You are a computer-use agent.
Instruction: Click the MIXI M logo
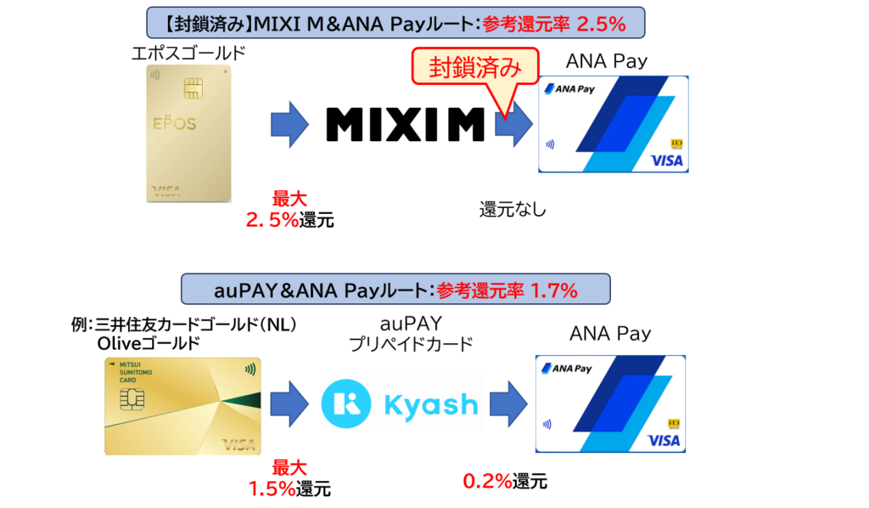tap(405, 124)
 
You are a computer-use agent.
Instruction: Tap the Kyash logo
tap(400, 404)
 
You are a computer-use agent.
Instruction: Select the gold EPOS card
tap(188, 133)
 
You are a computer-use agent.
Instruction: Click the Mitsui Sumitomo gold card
tap(183, 407)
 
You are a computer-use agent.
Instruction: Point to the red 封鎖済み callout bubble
tap(475, 68)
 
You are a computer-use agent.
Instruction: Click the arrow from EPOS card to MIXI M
tap(289, 124)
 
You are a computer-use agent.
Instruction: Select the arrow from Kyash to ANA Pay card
tap(509, 404)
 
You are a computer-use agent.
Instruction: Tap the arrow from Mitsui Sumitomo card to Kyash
tap(289, 404)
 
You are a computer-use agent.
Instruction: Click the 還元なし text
tap(513, 210)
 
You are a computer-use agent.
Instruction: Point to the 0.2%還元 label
tap(505, 481)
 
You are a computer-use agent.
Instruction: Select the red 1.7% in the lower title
tap(553, 290)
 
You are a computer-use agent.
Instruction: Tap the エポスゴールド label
tap(188, 54)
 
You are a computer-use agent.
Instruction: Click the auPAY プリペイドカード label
tap(411, 334)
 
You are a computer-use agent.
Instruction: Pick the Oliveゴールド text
tap(149, 344)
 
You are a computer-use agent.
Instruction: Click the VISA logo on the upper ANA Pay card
tap(667, 161)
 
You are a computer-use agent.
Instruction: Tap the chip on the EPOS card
tap(193, 88)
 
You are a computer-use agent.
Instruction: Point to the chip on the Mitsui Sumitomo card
tap(132, 398)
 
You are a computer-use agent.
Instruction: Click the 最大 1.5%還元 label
tap(289, 478)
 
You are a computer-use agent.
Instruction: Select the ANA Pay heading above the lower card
tap(610, 333)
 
